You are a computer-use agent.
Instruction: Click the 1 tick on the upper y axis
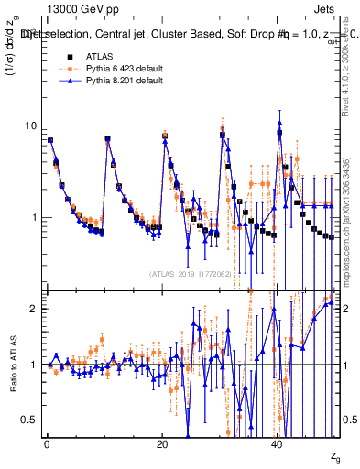[x=35, y=218]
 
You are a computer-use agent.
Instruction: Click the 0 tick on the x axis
[x=46, y=444]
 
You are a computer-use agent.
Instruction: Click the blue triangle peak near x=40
[x=279, y=123]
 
